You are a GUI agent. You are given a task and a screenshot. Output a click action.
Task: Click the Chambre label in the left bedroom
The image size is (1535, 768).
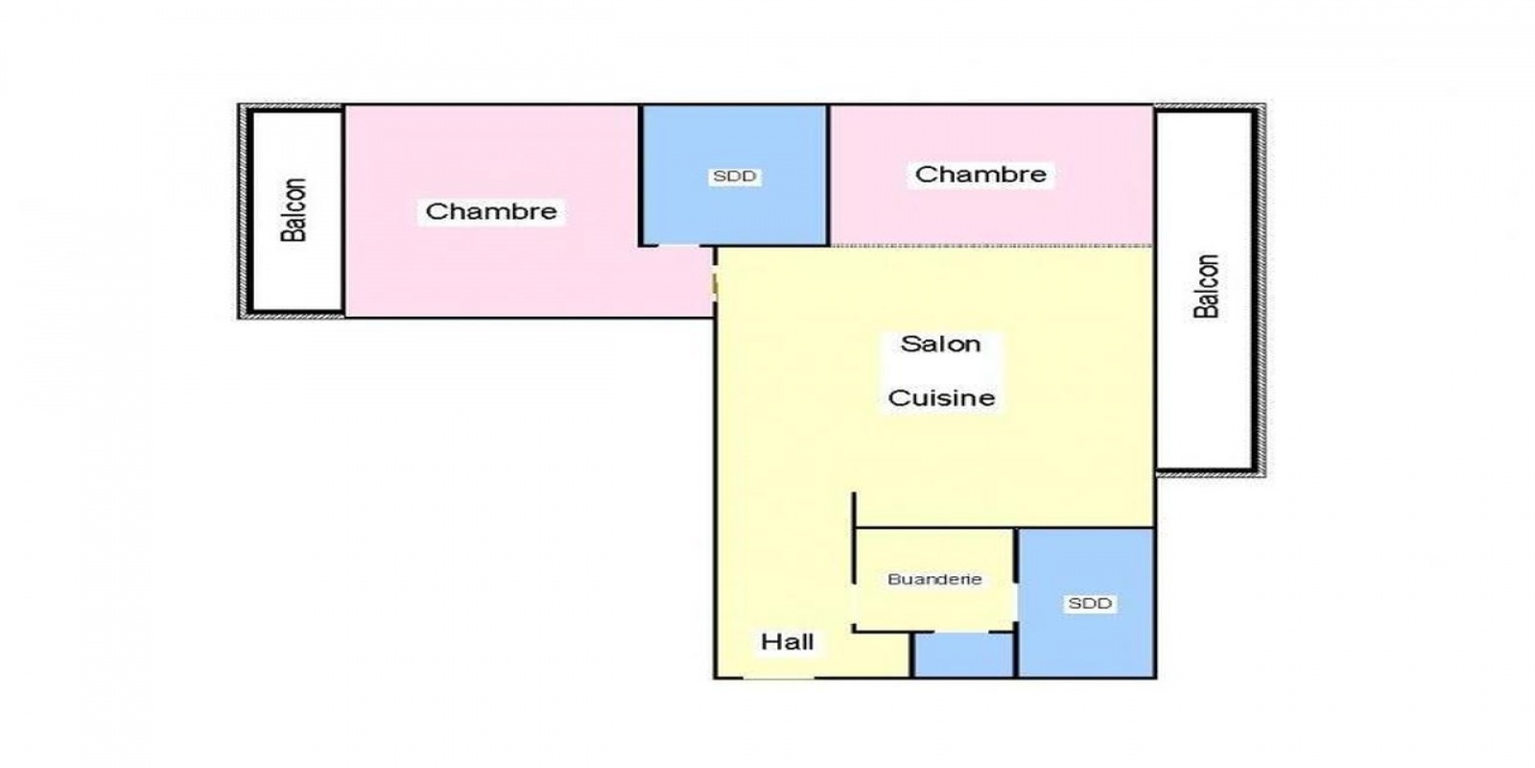click(x=490, y=211)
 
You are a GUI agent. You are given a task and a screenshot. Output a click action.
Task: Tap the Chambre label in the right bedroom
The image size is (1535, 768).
click(x=980, y=174)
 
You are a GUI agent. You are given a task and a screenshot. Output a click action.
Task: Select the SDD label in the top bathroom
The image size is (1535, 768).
click(x=734, y=177)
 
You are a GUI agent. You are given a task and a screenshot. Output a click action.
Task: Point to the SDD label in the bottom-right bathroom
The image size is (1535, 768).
click(x=1090, y=604)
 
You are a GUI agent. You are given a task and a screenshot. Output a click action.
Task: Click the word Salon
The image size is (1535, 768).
click(x=940, y=344)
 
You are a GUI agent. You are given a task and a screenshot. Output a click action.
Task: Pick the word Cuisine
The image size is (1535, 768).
click(x=941, y=397)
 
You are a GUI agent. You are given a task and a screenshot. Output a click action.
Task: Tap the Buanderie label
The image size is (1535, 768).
click(x=934, y=580)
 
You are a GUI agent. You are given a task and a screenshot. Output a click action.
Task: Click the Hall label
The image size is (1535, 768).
click(x=788, y=642)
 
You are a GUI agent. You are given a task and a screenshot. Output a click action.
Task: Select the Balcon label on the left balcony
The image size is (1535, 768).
click(x=294, y=210)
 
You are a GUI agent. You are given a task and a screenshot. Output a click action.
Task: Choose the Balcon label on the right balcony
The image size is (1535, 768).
click(x=1206, y=286)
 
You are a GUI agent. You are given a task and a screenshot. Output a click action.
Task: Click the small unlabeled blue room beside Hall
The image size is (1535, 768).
click(x=963, y=655)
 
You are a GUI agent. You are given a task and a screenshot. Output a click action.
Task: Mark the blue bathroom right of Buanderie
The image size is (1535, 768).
click(x=1087, y=603)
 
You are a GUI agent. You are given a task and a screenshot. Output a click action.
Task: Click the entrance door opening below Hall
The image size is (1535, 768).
click(x=779, y=678)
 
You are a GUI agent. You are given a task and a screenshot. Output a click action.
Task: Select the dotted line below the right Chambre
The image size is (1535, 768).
click(x=992, y=245)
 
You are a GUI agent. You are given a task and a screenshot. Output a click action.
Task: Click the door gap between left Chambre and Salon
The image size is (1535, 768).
click(x=715, y=283)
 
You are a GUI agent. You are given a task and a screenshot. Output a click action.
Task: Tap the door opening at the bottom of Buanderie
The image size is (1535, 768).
click(x=961, y=632)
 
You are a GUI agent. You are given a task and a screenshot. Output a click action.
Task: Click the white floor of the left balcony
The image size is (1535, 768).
click(x=297, y=210)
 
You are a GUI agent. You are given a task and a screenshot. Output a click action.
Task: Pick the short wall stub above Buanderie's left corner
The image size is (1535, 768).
click(x=854, y=510)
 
